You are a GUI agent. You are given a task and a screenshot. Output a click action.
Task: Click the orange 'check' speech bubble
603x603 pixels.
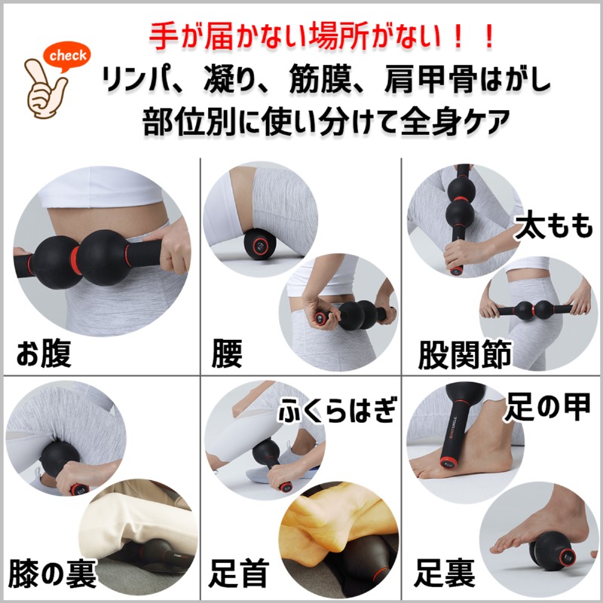(69, 56)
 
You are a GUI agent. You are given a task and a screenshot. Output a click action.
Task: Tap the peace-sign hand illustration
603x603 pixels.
(46, 90)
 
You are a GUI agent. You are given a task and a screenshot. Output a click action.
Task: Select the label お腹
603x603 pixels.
(44, 354)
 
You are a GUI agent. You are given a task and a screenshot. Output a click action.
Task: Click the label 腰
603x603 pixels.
(228, 354)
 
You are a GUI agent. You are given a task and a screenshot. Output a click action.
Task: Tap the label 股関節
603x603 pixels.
(464, 354)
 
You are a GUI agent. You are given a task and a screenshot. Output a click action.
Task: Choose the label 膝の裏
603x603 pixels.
(52, 573)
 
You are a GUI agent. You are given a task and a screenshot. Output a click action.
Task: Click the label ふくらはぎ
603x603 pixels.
(336, 410)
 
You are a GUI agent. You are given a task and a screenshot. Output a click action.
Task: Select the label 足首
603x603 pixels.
(239, 573)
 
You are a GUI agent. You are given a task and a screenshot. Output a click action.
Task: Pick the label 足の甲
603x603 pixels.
(548, 407)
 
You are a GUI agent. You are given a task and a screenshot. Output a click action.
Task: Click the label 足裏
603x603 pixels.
(444, 573)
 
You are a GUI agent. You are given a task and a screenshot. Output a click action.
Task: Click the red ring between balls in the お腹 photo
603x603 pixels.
(76, 260)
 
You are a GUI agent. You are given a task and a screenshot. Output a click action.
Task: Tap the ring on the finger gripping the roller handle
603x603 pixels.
(167, 259)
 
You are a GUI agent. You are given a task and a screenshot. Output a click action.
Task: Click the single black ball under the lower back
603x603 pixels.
(259, 243)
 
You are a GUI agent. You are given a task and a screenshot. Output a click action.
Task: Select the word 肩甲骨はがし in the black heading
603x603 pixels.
(467, 80)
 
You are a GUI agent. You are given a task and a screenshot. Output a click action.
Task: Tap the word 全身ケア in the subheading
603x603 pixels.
(455, 121)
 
